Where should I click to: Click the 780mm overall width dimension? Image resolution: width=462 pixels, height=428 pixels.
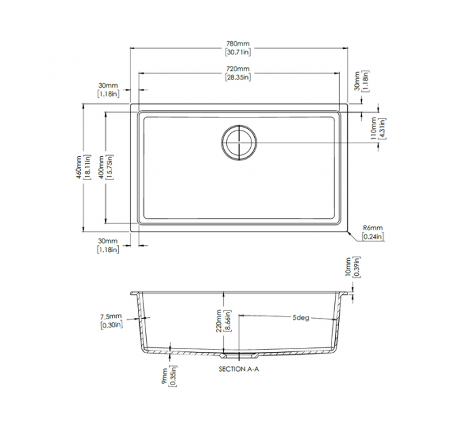238,43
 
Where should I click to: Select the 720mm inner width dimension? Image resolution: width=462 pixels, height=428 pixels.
238,69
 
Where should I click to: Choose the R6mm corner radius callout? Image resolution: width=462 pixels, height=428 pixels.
373,228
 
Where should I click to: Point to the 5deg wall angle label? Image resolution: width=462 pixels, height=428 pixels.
301,318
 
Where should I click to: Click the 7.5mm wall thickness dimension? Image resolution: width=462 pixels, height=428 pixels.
110,317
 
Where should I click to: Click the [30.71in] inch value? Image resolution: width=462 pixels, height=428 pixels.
238,52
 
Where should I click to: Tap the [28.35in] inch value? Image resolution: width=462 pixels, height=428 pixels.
238,77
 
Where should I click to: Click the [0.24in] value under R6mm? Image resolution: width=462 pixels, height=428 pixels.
373,236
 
